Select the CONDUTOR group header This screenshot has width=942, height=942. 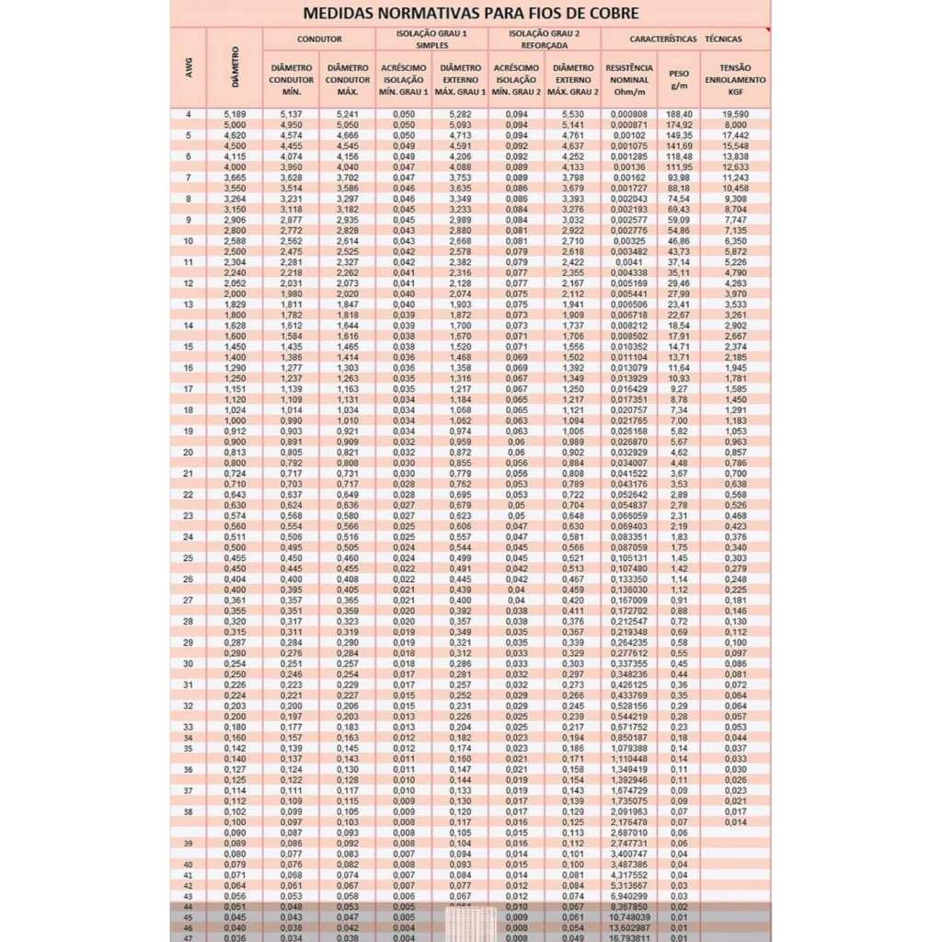[319, 40]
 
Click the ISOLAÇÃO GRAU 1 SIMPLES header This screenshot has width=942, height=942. [431, 40]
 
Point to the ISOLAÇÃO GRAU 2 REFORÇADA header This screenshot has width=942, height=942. [545, 40]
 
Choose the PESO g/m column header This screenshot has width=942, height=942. [679, 80]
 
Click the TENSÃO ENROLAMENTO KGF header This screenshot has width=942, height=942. [735, 80]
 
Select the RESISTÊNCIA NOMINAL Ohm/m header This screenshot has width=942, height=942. [629, 80]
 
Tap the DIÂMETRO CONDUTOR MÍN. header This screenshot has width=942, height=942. [292, 80]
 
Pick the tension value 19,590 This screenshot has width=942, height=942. [735, 114]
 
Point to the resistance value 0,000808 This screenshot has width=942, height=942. [629, 114]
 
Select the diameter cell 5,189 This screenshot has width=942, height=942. [235, 114]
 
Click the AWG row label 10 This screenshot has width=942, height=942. [189, 241]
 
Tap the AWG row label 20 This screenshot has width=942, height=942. [189, 452]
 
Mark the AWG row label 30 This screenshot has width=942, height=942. [189, 663]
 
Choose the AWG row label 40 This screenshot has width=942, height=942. [189, 865]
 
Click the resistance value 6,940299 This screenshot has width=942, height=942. [629, 895]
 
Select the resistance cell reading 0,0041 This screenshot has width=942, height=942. [629, 262]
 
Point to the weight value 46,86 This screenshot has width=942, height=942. [680, 241]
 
